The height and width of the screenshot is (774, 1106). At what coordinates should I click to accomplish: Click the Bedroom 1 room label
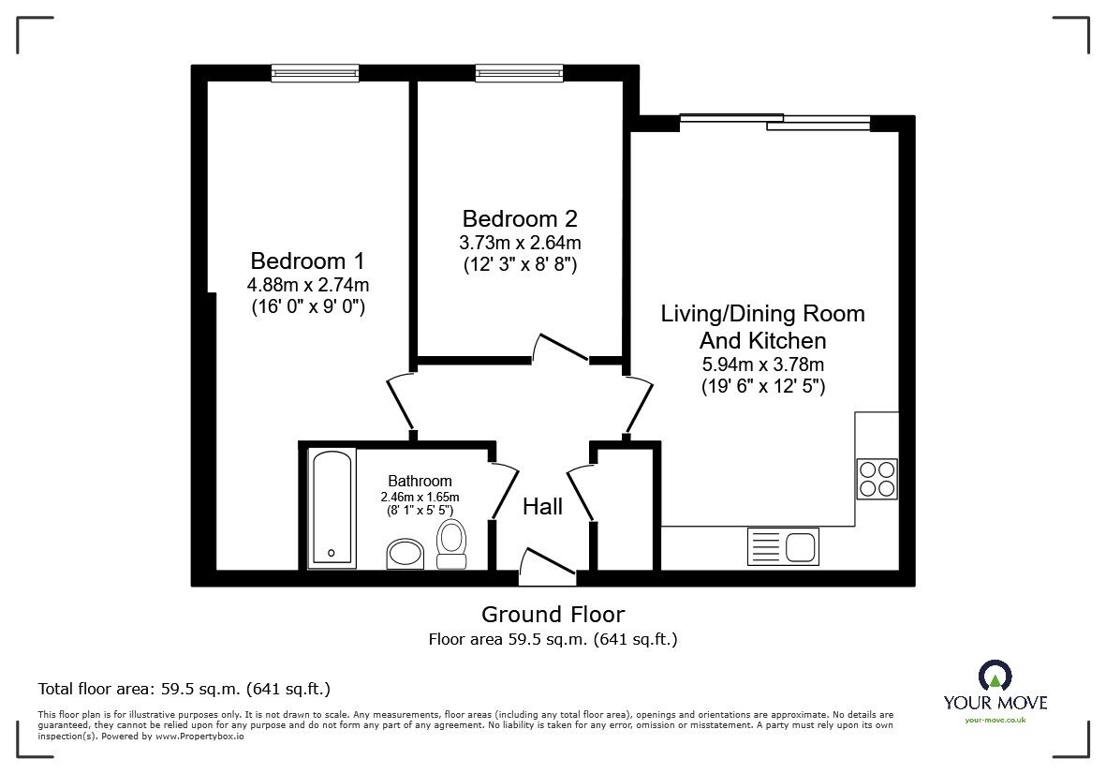[x=307, y=260]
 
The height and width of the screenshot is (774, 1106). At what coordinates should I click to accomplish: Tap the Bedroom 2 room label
[x=520, y=218]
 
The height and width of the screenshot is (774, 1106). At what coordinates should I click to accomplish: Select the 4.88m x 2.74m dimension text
[x=307, y=285]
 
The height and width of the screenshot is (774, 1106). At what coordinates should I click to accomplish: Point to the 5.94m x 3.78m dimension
[x=762, y=365]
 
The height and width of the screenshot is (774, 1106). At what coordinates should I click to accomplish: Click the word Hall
[x=542, y=507]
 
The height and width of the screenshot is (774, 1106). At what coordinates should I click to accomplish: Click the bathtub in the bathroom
[x=332, y=506]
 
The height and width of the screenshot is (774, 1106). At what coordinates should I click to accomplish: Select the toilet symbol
[x=451, y=544]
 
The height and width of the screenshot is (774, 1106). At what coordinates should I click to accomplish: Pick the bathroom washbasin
[x=407, y=553]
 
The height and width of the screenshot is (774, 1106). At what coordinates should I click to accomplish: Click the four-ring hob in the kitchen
[x=877, y=478]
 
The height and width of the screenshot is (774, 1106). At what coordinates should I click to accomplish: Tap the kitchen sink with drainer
[x=783, y=544]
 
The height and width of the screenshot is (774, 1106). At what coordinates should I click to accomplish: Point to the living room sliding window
[x=774, y=121]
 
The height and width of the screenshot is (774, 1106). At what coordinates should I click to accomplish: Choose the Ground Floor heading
[x=553, y=615]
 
